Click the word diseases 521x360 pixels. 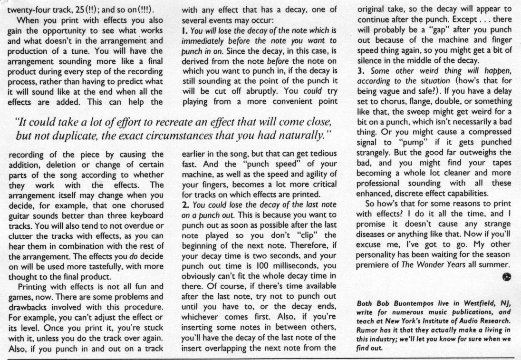pyautogui.click(x=373, y=245)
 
